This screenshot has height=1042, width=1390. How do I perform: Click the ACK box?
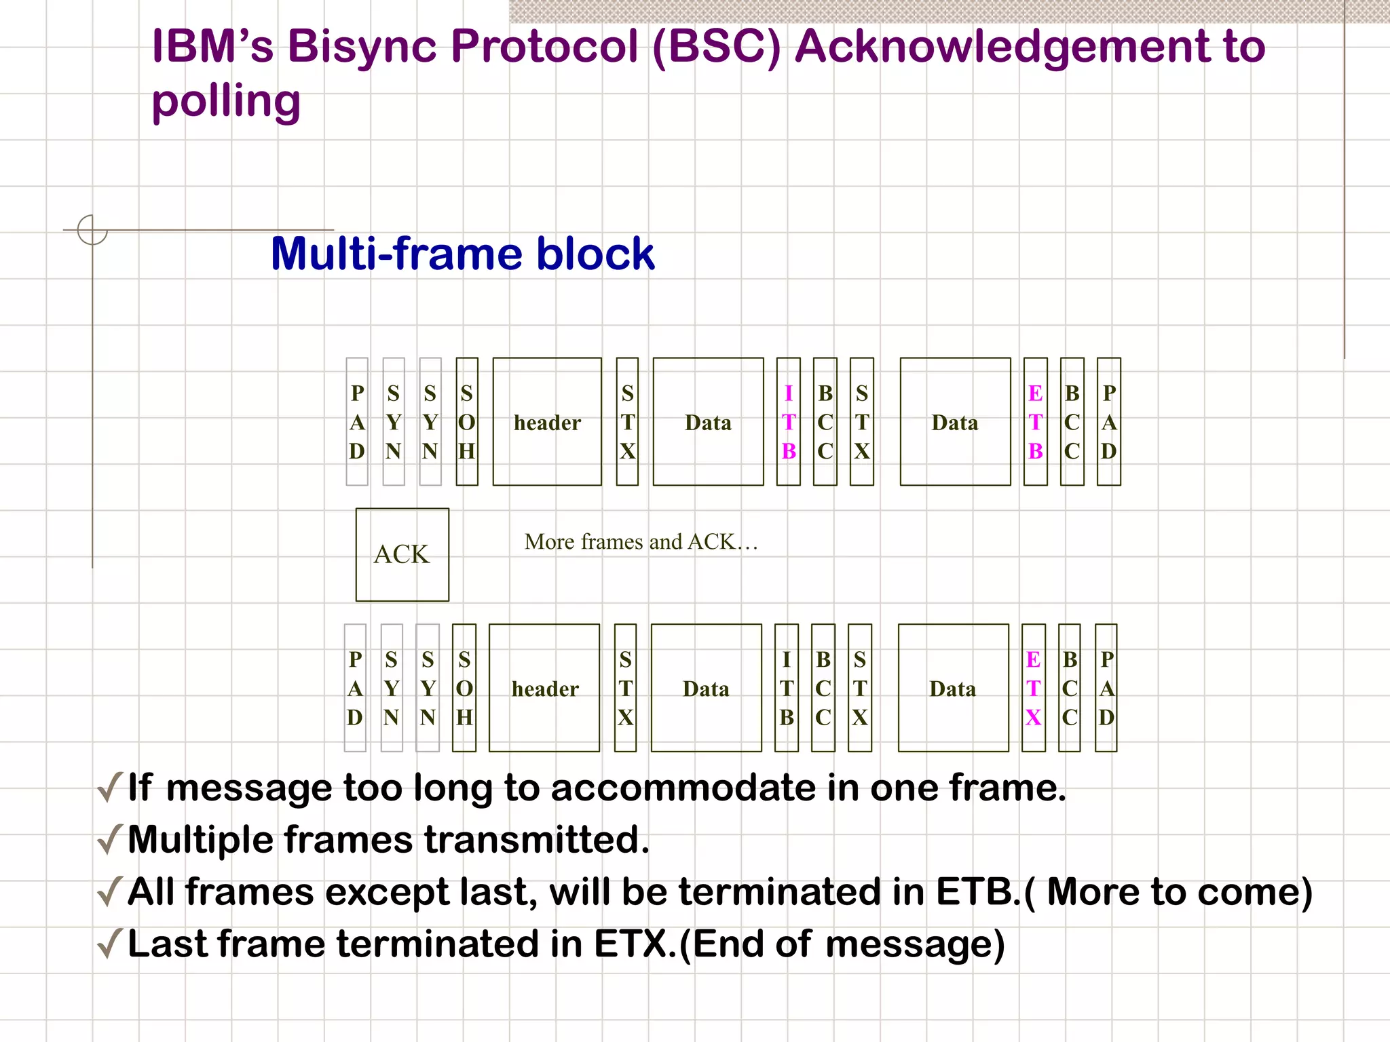[x=402, y=554]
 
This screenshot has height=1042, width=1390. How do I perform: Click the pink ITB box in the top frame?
[x=788, y=421]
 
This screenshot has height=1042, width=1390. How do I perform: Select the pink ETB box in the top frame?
[x=1035, y=421]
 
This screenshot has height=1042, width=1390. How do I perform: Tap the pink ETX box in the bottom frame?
[x=1033, y=687]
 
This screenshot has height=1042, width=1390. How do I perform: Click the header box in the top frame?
[x=547, y=421]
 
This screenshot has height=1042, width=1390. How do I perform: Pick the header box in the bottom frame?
[x=544, y=687]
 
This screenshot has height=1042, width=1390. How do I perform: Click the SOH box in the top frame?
[x=467, y=421]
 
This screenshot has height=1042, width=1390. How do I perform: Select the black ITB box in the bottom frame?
[x=786, y=687]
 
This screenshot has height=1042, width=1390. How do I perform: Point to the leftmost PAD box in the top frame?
[x=357, y=421]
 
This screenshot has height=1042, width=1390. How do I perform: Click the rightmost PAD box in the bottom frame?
[x=1106, y=687]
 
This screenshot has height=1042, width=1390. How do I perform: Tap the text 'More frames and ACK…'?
[x=641, y=542]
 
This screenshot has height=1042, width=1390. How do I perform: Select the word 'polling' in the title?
[x=226, y=102]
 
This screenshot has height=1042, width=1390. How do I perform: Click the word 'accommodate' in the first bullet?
[x=683, y=788]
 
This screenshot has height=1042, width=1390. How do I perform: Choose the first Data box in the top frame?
[x=708, y=421]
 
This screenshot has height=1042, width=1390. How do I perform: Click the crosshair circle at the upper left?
[x=92, y=229]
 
